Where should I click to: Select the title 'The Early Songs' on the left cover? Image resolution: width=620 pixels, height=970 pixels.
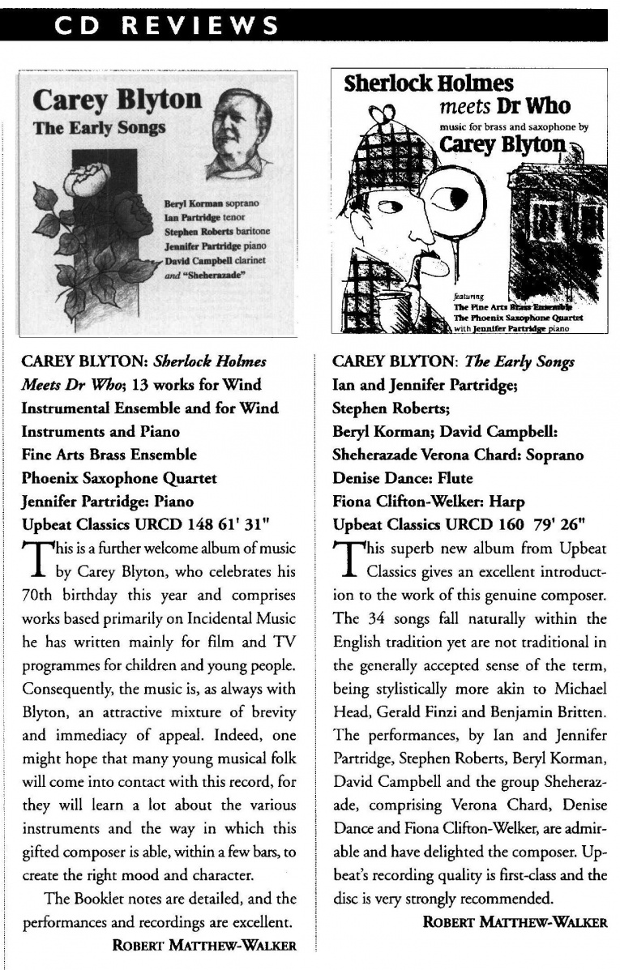coord(99,127)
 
